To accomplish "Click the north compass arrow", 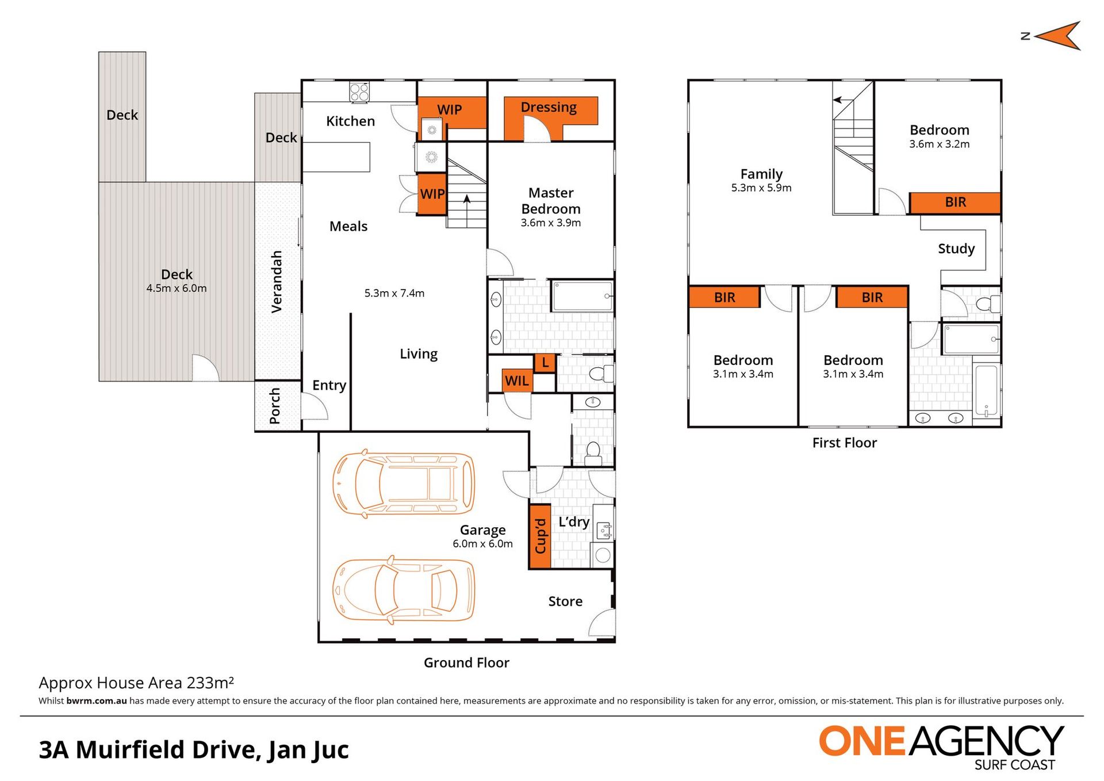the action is (1057, 36).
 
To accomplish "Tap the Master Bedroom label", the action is (551, 201).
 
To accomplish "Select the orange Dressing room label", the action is (549, 107).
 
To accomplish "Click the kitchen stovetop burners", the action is (359, 92).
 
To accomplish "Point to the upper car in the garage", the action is (404, 482).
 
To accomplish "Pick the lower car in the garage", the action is (404, 590).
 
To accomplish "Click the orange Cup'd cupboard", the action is (540, 536).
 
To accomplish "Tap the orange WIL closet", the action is (516, 380).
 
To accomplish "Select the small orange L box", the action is (545, 363).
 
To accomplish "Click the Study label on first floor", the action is (956, 249).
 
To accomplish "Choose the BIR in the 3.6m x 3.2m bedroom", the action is (955, 203).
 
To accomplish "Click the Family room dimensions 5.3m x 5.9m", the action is (761, 188).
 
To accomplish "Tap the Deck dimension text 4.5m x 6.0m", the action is (177, 288).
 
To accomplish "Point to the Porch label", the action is (275, 406).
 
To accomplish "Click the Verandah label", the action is (277, 281).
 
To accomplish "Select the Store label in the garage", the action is (565, 601).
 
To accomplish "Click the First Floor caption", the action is (844, 443).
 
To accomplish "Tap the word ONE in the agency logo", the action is (862, 741).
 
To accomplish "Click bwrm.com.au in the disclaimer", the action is (97, 700).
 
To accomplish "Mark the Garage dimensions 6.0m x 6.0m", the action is (482, 544).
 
